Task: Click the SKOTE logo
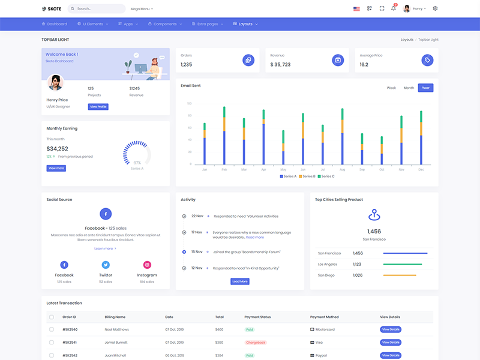coord(52,9)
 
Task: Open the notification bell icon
coord(394,8)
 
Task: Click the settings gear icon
coord(435,8)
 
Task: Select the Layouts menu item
coord(245,24)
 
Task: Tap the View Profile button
coord(98,107)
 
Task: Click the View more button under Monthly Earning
coord(56,169)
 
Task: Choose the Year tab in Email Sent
coord(425,88)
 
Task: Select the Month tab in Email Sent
coord(409,88)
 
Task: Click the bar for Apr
coord(263,138)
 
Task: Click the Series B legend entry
coord(307,176)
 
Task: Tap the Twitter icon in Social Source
coord(106,265)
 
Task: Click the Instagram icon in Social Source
coord(147,265)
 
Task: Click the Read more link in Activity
coord(255,238)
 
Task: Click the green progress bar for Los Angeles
coord(402,264)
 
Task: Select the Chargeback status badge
coord(256,343)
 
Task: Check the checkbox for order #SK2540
coord(52,329)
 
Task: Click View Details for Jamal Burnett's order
coord(391,343)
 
